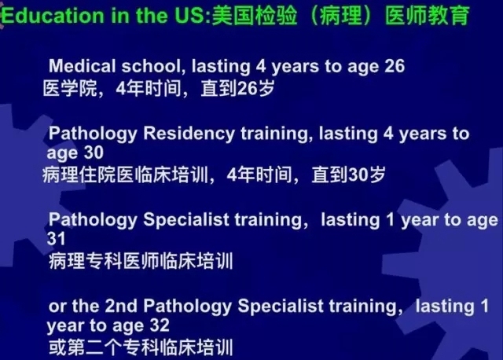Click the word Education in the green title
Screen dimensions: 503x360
[x=53, y=16]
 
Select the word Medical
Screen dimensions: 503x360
[x=82, y=66]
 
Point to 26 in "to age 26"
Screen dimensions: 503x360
[x=395, y=66]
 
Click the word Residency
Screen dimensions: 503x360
[x=189, y=134]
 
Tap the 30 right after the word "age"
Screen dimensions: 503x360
[x=94, y=152]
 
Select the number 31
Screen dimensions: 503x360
[x=56, y=239]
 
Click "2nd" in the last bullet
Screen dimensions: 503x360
[x=122, y=306]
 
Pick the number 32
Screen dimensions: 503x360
[x=160, y=325]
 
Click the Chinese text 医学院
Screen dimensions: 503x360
[x=70, y=89]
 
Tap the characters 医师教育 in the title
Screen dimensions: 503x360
[x=427, y=16]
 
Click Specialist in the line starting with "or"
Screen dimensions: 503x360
[x=281, y=306]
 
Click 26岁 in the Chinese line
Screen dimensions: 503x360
[x=255, y=89]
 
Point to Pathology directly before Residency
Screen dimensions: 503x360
[x=93, y=134]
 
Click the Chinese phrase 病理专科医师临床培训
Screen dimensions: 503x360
[x=141, y=261]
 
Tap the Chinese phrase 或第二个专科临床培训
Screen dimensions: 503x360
[x=141, y=347]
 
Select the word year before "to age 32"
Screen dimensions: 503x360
[x=65, y=326]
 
